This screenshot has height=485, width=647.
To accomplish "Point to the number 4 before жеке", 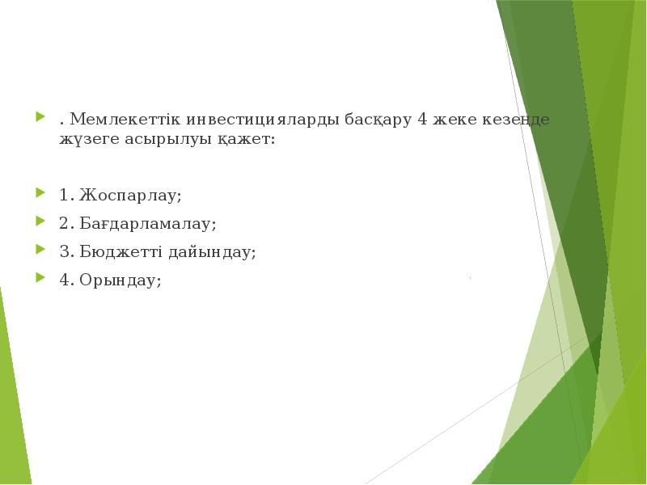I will [x=422, y=120].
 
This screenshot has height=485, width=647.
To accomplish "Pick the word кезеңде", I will [x=518, y=120].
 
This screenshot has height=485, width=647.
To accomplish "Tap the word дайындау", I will [x=211, y=252].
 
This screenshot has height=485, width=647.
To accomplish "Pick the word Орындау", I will [x=121, y=280].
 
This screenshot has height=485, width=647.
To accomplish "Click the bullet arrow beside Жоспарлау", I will [x=40, y=195].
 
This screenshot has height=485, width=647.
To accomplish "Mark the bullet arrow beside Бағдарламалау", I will [x=40, y=223].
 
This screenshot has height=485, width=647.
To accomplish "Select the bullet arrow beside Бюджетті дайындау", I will [x=40, y=251].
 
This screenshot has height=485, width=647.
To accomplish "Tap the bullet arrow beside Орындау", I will [x=40, y=280].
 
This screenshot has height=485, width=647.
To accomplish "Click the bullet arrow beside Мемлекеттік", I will [x=40, y=119].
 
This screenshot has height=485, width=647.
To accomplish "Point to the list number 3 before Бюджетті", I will [x=64, y=252].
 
